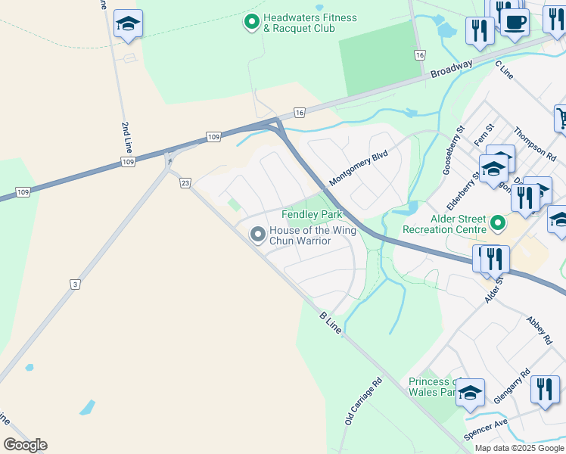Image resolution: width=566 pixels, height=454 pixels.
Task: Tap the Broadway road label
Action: (x=452, y=69)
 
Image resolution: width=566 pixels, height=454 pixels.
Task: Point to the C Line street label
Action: (x=504, y=71)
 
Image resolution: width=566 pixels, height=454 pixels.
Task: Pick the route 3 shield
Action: (x=75, y=285)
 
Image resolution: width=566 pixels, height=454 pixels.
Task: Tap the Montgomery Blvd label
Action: (x=358, y=169)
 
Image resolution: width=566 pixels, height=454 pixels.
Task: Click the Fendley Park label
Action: (x=312, y=215)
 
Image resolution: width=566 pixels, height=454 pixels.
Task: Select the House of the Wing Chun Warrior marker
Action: (x=258, y=235)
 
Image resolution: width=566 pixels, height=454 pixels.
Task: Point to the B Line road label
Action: (x=331, y=324)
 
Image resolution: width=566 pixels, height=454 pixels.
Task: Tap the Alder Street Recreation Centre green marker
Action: (x=497, y=222)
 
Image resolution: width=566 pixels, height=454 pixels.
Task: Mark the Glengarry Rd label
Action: (x=508, y=390)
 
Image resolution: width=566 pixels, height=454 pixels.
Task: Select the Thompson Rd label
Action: (x=534, y=143)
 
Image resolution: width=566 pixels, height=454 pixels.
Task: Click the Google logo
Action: (x=25, y=445)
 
